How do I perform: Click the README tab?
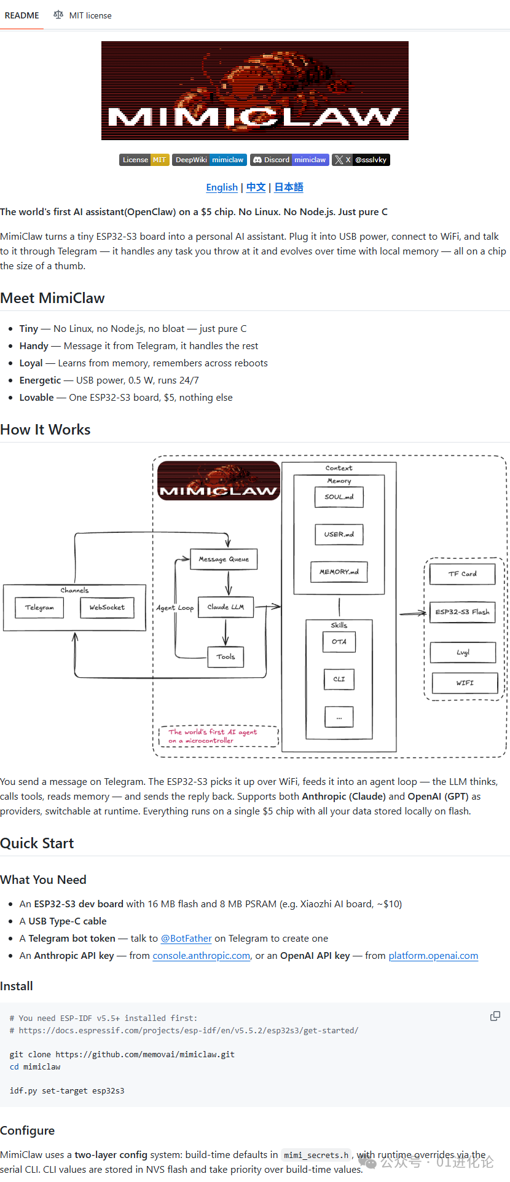tap(22, 15)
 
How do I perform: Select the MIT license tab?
tap(83, 15)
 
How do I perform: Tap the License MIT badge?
tap(144, 160)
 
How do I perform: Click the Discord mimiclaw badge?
tap(289, 160)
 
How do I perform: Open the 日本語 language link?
tap(289, 187)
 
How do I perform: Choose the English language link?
tap(222, 187)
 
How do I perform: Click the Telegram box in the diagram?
tap(39, 607)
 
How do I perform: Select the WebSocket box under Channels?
tap(107, 607)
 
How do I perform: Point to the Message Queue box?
tap(224, 559)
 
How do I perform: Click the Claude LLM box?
tap(226, 607)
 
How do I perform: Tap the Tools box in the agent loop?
tap(226, 656)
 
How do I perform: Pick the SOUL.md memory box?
tap(339, 497)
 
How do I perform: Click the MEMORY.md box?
tap(339, 572)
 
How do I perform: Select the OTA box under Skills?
tap(339, 642)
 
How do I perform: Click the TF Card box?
tap(462, 573)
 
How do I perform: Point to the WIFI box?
tap(465, 683)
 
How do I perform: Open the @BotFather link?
tap(186, 939)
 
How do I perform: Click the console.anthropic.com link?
tap(202, 956)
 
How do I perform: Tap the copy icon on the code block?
tap(495, 1017)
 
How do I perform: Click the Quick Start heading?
tap(37, 843)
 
